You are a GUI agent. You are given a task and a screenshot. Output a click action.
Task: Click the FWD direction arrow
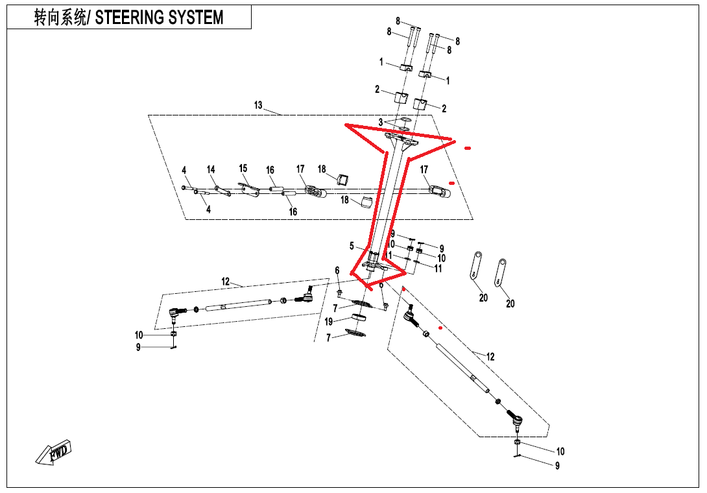(x=55, y=451)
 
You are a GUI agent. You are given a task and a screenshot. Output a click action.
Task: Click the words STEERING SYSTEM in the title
(x=159, y=18)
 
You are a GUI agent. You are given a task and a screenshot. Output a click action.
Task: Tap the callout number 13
(x=258, y=105)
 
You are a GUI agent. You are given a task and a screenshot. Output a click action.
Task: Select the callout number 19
(x=328, y=322)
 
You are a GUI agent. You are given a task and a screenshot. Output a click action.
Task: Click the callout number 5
(x=352, y=246)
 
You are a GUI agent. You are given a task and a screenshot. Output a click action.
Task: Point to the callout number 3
(x=381, y=121)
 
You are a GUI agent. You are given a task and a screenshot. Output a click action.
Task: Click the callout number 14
(x=211, y=170)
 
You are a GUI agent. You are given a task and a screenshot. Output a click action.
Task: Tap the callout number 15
(x=243, y=168)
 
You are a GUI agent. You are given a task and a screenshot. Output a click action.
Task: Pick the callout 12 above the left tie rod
(x=226, y=282)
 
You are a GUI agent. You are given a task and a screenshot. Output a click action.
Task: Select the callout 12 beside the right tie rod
(x=490, y=356)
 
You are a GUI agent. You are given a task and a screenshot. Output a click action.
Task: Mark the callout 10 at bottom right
(x=560, y=451)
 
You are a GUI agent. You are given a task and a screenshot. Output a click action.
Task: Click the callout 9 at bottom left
(x=138, y=347)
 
